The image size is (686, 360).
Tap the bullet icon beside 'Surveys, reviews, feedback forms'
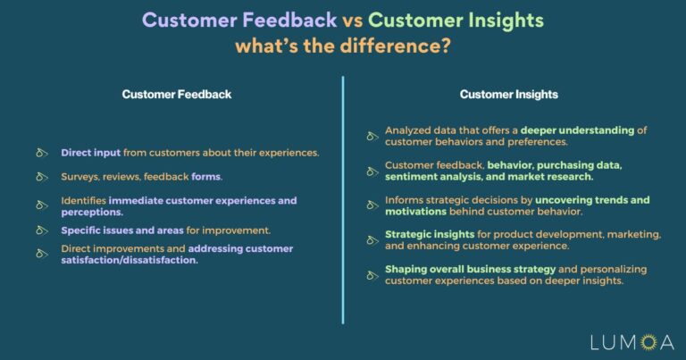click(41, 177)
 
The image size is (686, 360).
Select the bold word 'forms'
click(206, 177)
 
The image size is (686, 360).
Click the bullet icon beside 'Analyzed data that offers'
click(372, 137)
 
